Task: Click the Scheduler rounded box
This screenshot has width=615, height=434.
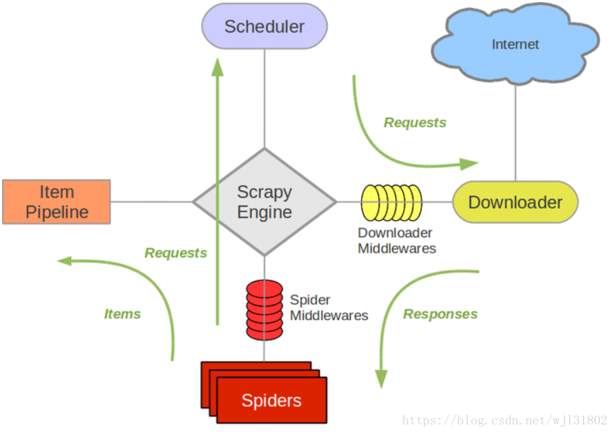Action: [x=264, y=27]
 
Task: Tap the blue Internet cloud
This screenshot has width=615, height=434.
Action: [x=515, y=45]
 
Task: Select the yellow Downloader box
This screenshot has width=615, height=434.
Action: [x=515, y=202]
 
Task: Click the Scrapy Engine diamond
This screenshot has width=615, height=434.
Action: [x=264, y=202]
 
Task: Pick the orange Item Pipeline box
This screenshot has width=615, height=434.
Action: [x=56, y=202]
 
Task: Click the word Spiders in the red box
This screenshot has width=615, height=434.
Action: [x=271, y=401]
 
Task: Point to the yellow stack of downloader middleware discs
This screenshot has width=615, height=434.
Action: [x=391, y=202]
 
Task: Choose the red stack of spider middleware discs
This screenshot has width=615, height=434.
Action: [x=265, y=309]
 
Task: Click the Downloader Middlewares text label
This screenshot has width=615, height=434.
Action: [x=397, y=241]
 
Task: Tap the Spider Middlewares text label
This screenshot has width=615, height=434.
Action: [x=329, y=308]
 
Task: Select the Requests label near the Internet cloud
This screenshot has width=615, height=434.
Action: [x=415, y=122]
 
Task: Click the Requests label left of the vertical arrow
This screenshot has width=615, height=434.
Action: [x=175, y=253]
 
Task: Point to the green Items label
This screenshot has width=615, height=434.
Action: [x=122, y=314]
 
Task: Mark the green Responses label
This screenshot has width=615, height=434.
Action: [x=440, y=314]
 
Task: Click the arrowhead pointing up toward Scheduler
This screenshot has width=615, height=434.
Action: [x=218, y=66]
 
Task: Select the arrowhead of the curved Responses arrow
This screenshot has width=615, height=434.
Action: [x=381, y=379]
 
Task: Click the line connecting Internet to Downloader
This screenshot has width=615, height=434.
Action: [x=515, y=130]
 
